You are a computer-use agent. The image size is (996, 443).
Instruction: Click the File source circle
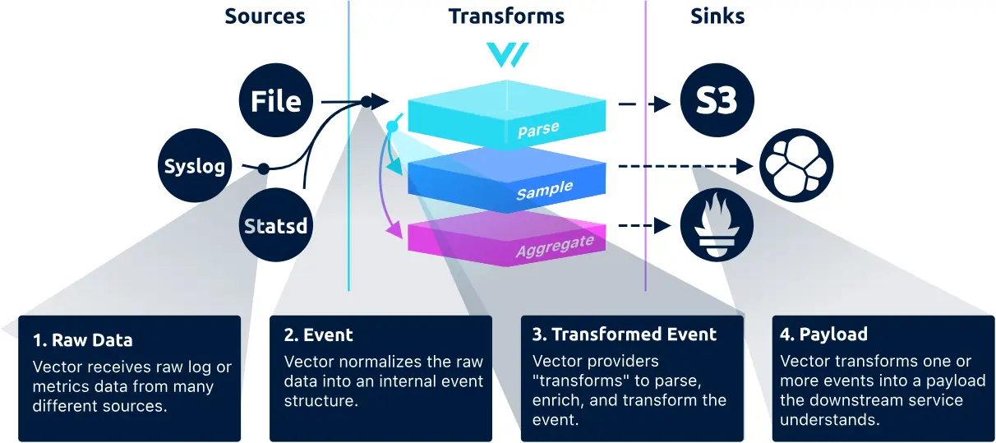point(276,102)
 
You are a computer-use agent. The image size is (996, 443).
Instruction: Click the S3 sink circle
point(717,103)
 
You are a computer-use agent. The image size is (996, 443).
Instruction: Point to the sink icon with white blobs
point(796,165)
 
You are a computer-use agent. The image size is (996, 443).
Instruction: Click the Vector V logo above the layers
point(507,54)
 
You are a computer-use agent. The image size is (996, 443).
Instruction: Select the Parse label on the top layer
point(538,130)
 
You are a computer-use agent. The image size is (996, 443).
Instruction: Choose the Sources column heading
point(265,16)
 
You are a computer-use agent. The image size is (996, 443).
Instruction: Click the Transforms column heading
point(506,16)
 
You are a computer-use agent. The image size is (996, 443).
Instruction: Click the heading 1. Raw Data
point(82,339)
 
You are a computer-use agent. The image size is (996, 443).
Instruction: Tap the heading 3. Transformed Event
point(625,335)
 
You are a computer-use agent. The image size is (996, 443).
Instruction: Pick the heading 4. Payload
point(824,335)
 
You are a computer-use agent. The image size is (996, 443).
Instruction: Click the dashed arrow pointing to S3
point(645,104)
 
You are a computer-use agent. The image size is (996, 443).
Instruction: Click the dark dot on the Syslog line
point(263,168)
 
